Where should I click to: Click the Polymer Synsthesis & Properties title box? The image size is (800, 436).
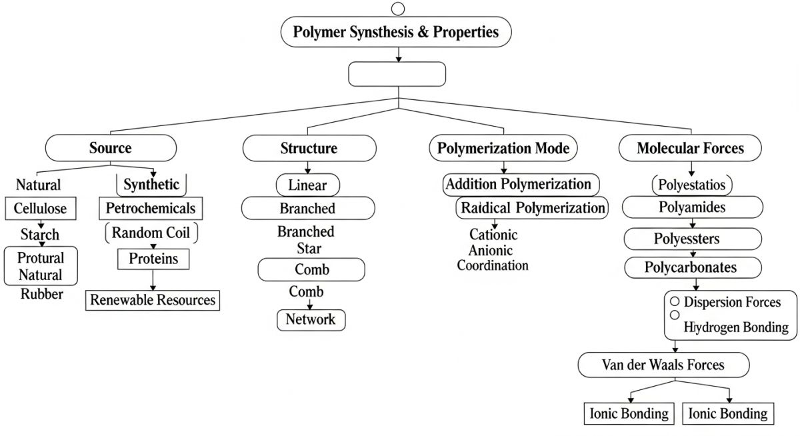click(x=397, y=32)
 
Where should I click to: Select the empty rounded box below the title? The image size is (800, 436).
click(x=397, y=74)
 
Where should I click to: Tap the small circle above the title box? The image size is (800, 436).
click(x=398, y=8)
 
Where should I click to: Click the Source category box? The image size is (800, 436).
click(x=111, y=147)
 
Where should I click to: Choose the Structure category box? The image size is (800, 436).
click(x=309, y=148)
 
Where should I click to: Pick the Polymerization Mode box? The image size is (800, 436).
click(x=503, y=148)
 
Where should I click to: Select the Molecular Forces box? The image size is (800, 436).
click(x=690, y=148)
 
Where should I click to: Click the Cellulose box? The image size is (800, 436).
click(x=40, y=209)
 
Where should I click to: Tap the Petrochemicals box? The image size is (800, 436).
click(x=151, y=208)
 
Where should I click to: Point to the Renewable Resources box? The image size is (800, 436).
click(x=153, y=300)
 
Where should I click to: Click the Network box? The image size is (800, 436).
click(x=311, y=319)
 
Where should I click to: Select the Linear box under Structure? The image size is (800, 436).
click(x=307, y=185)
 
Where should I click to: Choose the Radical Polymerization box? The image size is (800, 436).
click(x=532, y=207)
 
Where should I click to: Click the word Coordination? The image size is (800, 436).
click(x=493, y=265)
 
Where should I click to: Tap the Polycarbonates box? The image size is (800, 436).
click(x=690, y=267)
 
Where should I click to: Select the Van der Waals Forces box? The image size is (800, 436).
click(x=663, y=365)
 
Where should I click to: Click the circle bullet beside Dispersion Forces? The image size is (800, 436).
click(x=675, y=302)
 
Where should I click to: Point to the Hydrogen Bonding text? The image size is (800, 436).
click(x=736, y=327)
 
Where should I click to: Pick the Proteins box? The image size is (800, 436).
click(x=153, y=259)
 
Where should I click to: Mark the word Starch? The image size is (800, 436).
click(x=39, y=235)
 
